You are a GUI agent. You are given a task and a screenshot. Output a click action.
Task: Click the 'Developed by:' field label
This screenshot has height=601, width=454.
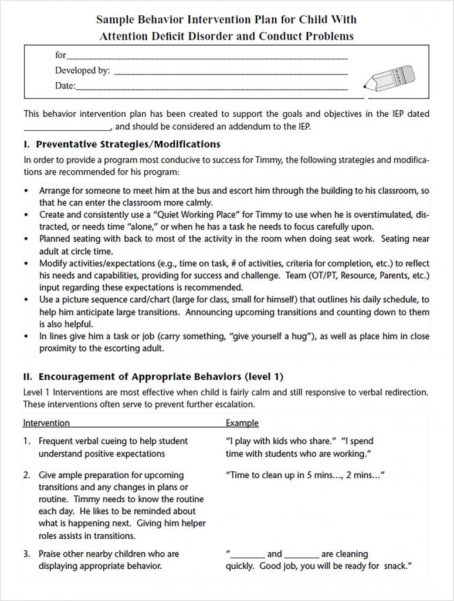pyautogui.click(x=82, y=70)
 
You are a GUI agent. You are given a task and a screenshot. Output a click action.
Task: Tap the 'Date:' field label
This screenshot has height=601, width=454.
pyautogui.click(x=65, y=86)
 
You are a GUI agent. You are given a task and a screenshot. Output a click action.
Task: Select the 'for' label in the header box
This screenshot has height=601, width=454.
pyautogui.click(x=60, y=55)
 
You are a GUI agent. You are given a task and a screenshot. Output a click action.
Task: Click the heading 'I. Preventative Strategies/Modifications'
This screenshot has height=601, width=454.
pyautogui.click(x=122, y=144)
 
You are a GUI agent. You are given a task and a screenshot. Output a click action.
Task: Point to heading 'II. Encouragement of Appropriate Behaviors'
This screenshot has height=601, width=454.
pyautogui.click(x=153, y=377)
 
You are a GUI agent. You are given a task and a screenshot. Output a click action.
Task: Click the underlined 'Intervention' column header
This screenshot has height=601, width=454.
pyautogui.click(x=46, y=423)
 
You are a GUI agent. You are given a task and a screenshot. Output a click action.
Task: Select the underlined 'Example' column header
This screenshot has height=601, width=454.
pyautogui.click(x=242, y=423)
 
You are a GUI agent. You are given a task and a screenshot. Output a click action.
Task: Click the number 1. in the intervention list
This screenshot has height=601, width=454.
pyautogui.click(x=27, y=441)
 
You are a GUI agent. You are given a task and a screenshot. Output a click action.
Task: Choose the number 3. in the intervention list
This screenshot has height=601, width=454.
pyautogui.click(x=27, y=553)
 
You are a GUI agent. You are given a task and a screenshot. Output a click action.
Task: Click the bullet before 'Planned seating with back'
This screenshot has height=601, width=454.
pyautogui.click(x=26, y=239)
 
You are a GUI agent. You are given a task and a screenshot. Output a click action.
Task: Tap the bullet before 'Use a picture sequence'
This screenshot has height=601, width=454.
pyautogui.click(x=26, y=300)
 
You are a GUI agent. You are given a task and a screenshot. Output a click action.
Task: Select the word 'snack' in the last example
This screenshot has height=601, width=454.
pyautogui.click(x=394, y=566)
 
